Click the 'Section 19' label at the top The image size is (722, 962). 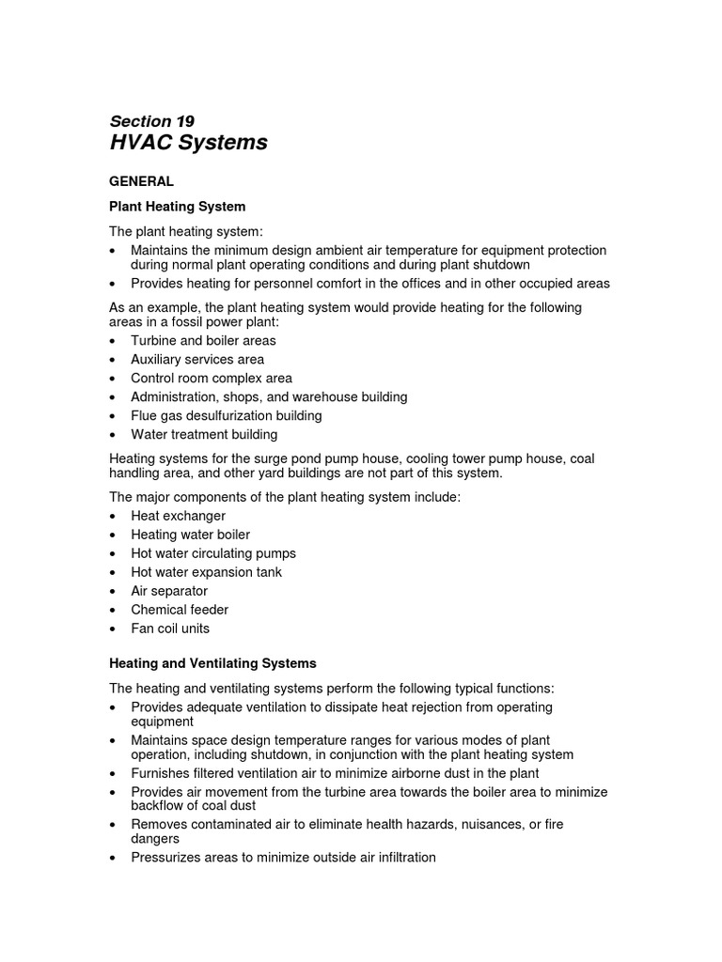[152, 121]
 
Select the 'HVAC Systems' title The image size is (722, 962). [188, 143]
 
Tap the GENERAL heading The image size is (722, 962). [142, 181]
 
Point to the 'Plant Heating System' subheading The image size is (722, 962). [178, 206]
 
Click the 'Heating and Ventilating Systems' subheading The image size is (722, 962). [213, 663]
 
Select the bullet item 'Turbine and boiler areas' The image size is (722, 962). [203, 340]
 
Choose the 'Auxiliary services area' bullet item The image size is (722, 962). [197, 359]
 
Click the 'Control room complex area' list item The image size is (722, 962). [212, 378]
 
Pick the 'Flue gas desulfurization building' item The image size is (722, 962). [226, 415]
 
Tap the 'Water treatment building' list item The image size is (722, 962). [204, 434]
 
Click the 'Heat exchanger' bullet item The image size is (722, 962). [178, 516]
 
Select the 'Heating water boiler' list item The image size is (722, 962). [190, 535]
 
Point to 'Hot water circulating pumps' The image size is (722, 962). [213, 553]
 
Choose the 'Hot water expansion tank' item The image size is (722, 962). [206, 572]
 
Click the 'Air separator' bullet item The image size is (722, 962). [169, 591]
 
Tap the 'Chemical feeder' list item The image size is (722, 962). [180, 610]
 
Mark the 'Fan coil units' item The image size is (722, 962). [170, 628]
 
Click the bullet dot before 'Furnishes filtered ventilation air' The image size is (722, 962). [114, 774]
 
